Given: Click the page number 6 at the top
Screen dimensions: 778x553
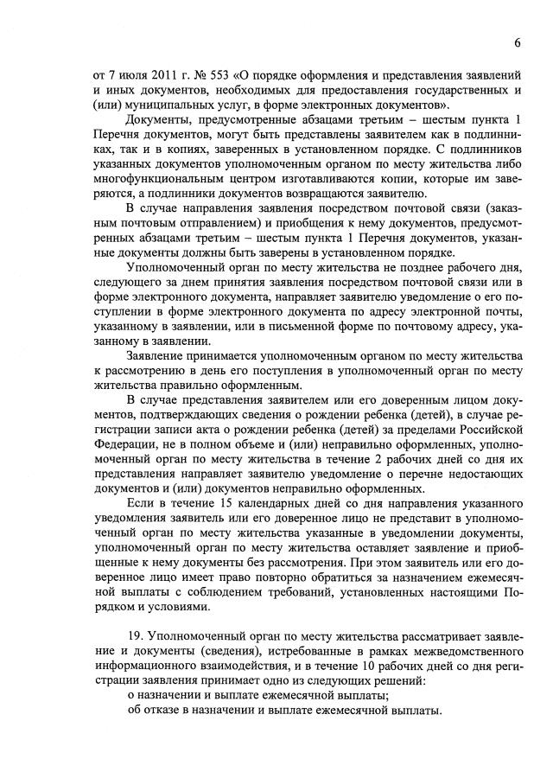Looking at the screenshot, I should coord(516,42).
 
